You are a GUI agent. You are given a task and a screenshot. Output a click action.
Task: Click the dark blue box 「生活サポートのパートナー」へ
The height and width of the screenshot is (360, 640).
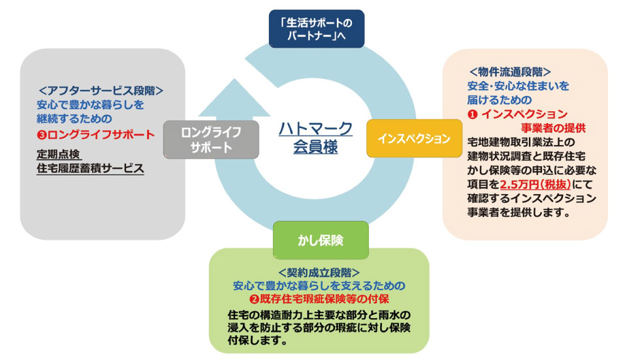(317, 29)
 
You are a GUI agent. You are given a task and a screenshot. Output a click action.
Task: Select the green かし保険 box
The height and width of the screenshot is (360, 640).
(320, 240)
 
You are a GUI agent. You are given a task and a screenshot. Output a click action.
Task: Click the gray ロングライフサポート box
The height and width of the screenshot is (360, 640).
(211, 139)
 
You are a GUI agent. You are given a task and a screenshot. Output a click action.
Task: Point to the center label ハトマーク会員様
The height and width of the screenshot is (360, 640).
(315, 137)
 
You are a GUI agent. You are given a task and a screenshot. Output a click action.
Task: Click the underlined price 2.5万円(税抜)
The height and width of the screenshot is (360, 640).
(532, 185)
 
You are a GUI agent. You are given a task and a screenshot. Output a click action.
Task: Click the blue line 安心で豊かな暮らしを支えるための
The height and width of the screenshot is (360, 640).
(319, 286)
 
